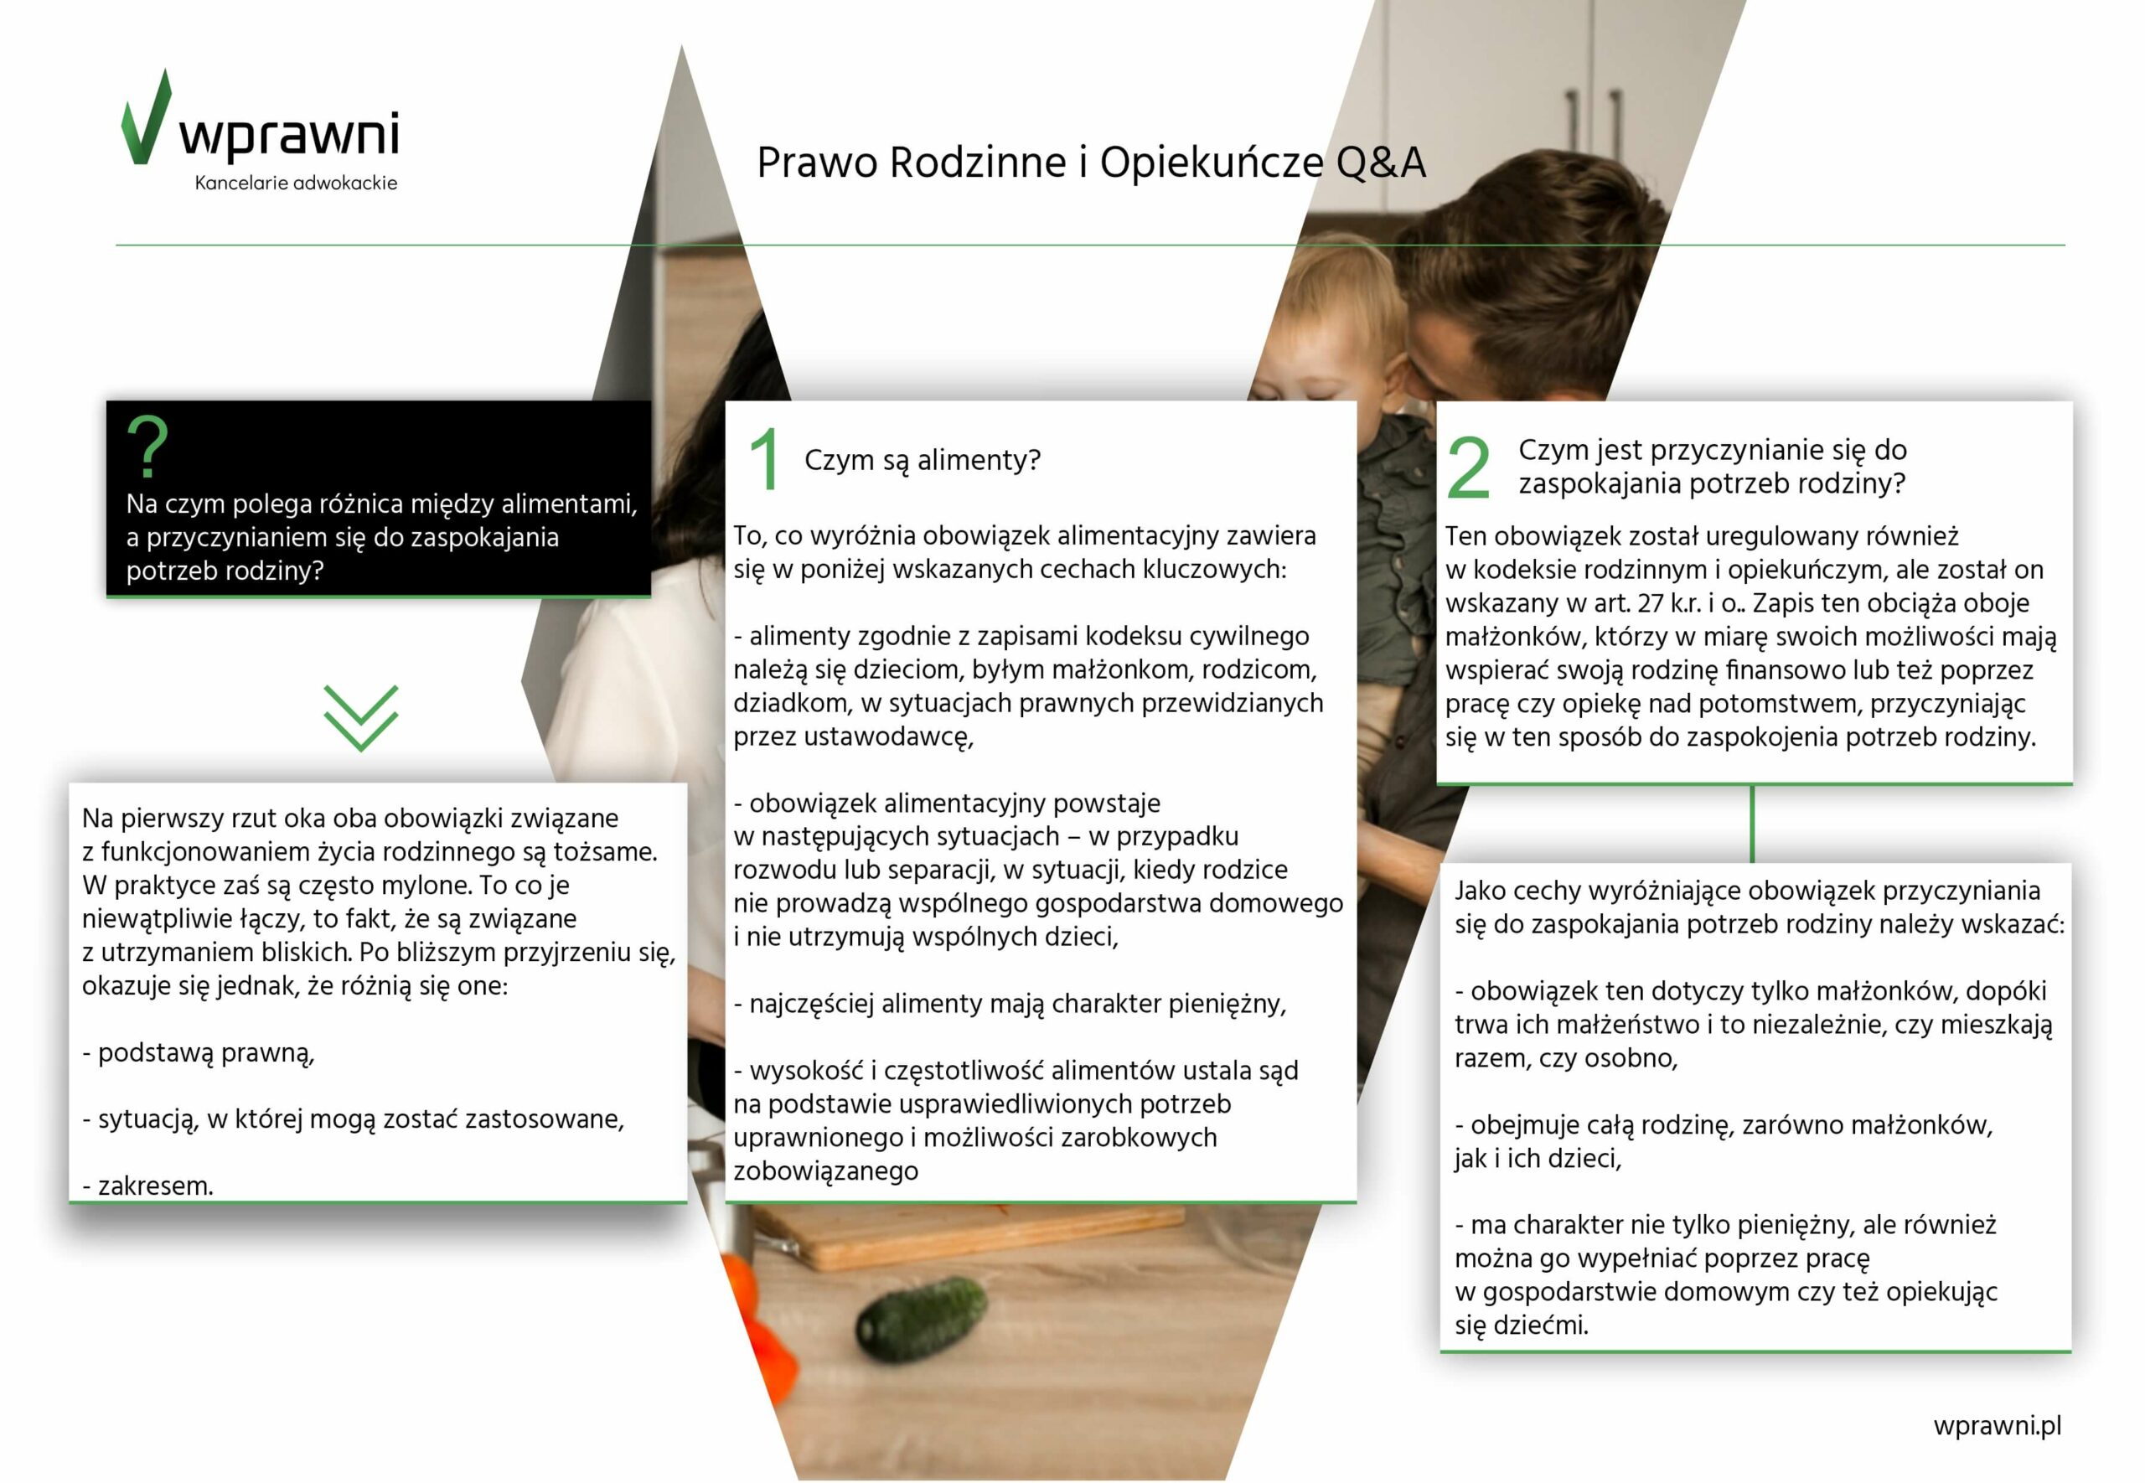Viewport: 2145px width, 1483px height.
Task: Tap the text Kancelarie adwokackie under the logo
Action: click(x=296, y=183)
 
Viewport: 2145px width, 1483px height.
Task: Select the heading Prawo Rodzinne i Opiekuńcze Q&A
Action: click(x=1091, y=163)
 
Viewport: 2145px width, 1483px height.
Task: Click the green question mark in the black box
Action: click(x=147, y=446)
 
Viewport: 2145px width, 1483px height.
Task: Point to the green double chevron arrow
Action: click(x=360, y=718)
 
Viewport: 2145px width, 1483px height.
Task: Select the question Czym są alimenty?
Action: click(x=923, y=460)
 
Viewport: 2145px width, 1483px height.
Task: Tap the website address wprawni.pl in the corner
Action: click(x=1998, y=1425)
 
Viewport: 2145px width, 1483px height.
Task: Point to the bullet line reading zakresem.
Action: click(x=147, y=1186)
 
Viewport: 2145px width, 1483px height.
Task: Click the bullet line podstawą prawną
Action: click(x=199, y=1053)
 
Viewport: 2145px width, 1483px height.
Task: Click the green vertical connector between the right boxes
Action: click(x=1752, y=824)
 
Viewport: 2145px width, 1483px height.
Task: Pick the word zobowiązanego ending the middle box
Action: click(x=826, y=1170)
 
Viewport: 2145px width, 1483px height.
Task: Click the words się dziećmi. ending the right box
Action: click(x=1522, y=1325)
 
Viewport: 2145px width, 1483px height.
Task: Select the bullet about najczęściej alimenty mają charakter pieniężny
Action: click(x=1010, y=1004)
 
